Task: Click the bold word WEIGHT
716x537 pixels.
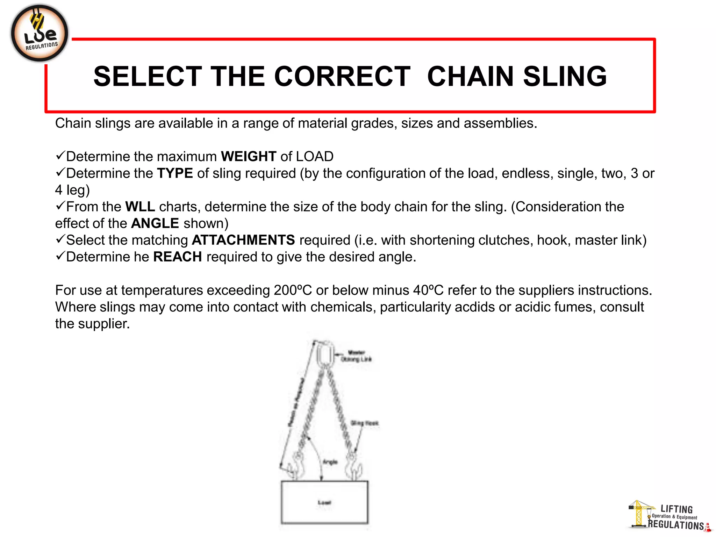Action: pos(249,156)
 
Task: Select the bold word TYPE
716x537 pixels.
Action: pos(175,173)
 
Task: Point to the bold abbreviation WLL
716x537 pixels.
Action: pos(140,207)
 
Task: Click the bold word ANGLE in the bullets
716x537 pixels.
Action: pos(155,223)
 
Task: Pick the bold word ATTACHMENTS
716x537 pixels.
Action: pos(243,240)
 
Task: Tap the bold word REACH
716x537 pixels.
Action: pos(178,257)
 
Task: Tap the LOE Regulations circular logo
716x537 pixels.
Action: pos(40,34)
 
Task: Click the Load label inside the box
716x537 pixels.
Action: pos(324,502)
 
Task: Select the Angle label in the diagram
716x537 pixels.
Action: pos(330,462)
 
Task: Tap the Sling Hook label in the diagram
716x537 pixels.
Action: pos(365,423)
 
